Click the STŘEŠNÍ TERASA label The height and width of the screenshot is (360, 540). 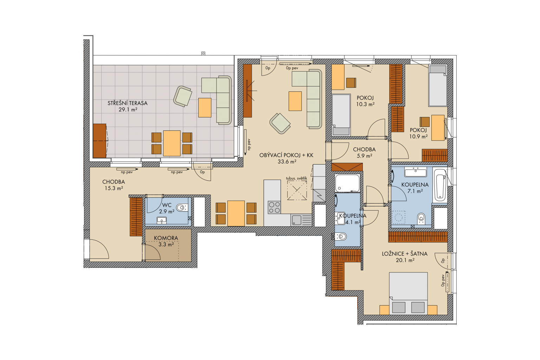127,103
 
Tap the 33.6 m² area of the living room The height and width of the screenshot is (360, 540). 287,162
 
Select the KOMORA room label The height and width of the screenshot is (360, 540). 166,238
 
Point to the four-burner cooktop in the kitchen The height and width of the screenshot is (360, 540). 274,207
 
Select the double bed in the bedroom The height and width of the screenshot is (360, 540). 409,294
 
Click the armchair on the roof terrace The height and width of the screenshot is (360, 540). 182,96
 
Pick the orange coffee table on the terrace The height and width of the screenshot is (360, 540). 205,108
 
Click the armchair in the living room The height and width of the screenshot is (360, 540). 280,123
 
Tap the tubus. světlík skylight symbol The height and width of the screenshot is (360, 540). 297,190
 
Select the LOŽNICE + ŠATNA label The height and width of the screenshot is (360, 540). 405,254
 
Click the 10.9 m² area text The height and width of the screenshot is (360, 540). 418,136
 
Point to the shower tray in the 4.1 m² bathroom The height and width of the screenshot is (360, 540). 347,183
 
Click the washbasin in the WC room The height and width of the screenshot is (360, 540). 161,220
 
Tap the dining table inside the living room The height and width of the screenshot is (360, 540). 236,213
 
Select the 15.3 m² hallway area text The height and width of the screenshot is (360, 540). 114,188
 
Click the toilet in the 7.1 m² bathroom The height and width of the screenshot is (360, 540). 421,218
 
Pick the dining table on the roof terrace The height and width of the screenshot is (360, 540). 172,143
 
